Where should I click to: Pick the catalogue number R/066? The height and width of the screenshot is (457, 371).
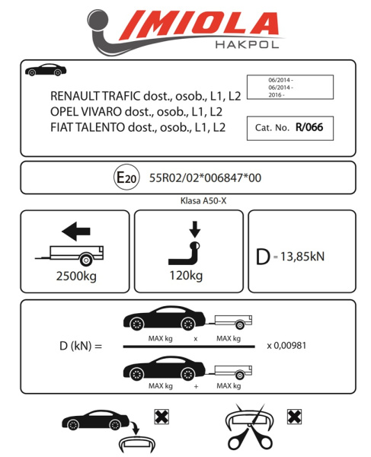tap(309, 127)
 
